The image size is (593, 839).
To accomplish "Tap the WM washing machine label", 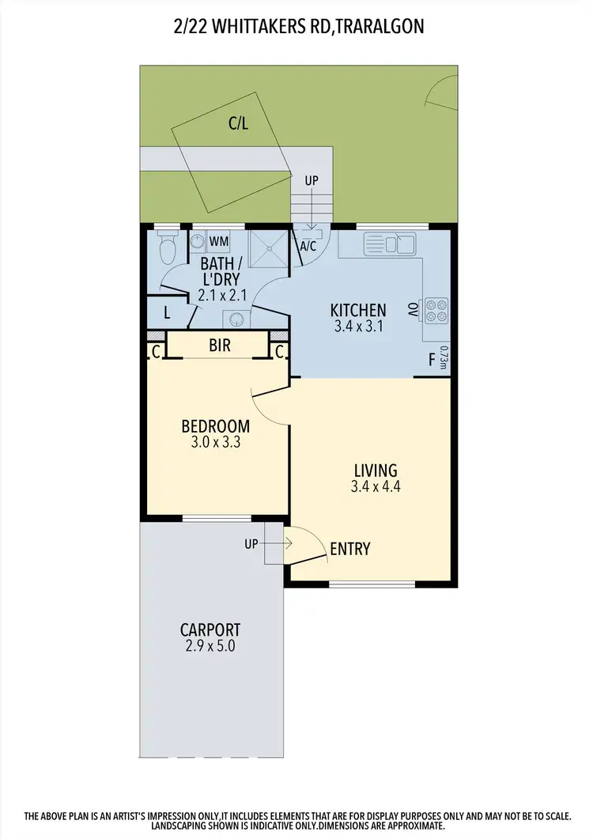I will point(218,240).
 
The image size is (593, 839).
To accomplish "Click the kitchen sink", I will point(389,242).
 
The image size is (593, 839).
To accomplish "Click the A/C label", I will point(308,246).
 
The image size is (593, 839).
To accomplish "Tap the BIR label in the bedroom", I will point(220,346).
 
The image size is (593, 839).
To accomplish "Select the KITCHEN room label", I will point(358,310).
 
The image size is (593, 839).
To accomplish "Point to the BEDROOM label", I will point(215,426).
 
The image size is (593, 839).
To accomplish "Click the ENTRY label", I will point(349,549).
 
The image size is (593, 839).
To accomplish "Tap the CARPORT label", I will point(210,630).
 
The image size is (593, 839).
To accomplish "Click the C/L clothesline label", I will point(238,123).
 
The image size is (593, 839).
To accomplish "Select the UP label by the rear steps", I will point(312,180).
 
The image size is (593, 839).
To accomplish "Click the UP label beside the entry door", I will point(251,544).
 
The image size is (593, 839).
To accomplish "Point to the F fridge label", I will point(431,360).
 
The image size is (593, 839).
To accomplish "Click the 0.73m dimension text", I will point(444,358).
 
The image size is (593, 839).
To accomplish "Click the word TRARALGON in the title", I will point(382,27).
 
